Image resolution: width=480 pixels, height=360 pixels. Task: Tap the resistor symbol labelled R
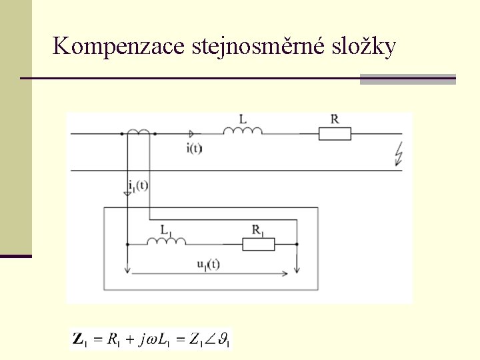point(335,134)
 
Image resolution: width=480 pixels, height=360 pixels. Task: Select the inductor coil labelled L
point(243,131)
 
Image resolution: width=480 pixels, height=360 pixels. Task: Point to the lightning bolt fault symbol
point(399,155)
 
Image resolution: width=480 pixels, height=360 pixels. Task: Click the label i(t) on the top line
point(194,148)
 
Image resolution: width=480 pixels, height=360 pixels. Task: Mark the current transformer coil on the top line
point(139,132)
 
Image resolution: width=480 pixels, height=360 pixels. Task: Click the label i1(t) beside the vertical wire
point(138,185)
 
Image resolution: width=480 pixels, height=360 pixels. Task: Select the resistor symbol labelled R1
point(258,244)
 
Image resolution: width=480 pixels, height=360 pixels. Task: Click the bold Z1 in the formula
point(79,340)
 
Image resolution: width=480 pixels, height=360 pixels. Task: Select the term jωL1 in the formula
point(155,340)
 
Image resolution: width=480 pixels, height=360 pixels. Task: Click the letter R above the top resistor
point(335,119)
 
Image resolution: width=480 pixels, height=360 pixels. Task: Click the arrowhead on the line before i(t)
point(193,134)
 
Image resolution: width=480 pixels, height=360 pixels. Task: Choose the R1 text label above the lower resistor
point(258,230)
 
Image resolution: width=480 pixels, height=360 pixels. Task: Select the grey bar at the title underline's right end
point(408,79)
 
